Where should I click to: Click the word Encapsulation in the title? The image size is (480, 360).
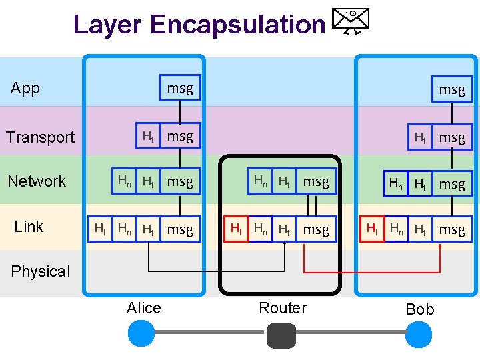pos(237,25)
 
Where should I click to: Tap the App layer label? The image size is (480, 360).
pos(25,88)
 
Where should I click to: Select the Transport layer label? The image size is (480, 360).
pos(40,137)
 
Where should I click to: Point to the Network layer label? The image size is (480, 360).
pos(37,181)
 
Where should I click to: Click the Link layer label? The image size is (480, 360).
pos(29,227)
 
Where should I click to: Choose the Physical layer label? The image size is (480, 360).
pos(40,271)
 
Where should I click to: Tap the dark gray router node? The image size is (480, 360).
pos(281,335)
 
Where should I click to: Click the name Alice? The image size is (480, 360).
pos(143,308)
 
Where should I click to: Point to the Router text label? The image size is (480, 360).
pos(283,308)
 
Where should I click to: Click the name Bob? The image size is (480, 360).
pos(419,309)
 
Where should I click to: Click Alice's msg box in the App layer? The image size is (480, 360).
pos(179,88)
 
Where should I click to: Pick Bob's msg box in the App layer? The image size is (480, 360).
pos(451,89)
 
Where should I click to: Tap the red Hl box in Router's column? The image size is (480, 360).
pos(235,229)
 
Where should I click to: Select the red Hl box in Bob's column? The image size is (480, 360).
pos(373,229)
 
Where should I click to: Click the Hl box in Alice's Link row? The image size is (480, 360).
pos(99,229)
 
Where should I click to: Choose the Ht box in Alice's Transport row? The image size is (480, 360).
pos(148,137)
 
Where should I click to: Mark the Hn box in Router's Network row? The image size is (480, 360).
pos(260,181)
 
